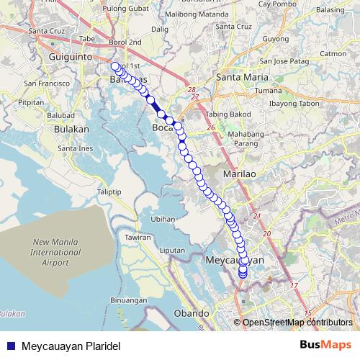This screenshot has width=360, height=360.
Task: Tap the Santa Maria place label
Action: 243,77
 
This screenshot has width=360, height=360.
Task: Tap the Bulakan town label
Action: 71,129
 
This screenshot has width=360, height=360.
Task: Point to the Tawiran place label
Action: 138,237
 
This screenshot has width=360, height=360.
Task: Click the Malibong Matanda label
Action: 189,14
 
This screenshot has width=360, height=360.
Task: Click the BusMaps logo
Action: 325,345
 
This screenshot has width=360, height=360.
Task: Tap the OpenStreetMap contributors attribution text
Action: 297,323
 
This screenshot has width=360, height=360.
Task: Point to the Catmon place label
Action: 333,53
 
